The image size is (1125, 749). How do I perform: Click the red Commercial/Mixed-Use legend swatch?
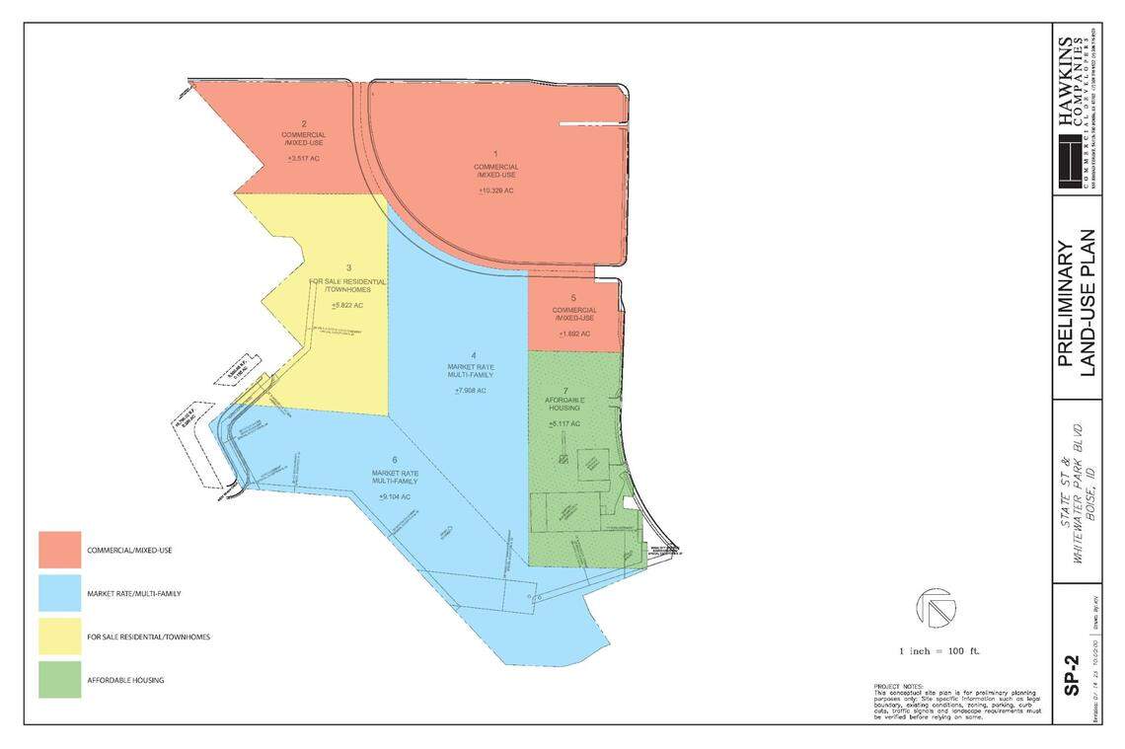tap(60, 550)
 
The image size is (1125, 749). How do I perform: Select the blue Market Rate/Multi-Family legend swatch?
tap(60, 593)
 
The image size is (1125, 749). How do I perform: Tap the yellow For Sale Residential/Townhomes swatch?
tap(60, 637)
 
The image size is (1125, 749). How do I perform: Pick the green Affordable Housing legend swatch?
tap(60, 680)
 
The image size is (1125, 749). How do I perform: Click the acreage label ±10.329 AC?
tap(495, 189)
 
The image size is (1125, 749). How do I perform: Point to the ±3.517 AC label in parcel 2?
tap(303, 158)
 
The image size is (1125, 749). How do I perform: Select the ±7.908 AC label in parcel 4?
tap(471, 390)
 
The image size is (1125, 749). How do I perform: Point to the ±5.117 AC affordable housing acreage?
tap(565, 423)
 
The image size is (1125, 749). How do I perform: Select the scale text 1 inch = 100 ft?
tap(938, 650)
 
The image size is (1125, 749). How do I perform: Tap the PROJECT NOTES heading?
tap(898, 686)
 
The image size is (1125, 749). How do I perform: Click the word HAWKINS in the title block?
tap(1066, 84)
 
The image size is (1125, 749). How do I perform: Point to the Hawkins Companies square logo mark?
tap(1070, 163)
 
